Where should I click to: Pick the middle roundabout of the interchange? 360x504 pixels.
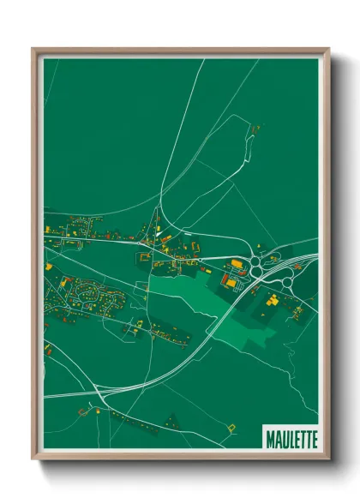point(256,272)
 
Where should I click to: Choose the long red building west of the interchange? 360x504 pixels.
point(228,280)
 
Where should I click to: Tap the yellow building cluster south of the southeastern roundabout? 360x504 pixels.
point(273,301)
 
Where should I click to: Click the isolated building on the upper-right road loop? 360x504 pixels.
point(255,129)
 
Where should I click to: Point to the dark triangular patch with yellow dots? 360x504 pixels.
point(171,419)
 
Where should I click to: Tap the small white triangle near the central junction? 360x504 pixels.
point(159,233)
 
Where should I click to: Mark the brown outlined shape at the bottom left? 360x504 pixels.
point(84,411)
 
